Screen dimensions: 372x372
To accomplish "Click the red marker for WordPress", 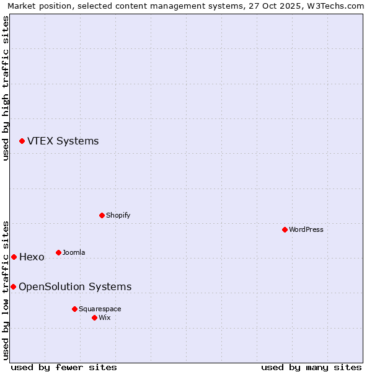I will point(285,229).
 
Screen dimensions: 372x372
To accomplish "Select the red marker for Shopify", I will point(102,215).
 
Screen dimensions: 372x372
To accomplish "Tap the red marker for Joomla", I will point(58,252).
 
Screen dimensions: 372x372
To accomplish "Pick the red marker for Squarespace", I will point(74,309).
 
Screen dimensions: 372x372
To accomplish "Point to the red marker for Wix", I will point(94,317).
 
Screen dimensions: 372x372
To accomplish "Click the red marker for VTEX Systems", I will point(22,141).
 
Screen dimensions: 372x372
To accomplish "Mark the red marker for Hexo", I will point(14,257).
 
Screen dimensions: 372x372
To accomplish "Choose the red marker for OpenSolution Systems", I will point(13,286).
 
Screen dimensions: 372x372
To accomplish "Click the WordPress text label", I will point(306,229).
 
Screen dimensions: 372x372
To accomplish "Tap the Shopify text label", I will point(118,215).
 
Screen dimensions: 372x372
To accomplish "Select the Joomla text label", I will point(74,252).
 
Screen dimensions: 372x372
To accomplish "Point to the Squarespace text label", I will point(100,309).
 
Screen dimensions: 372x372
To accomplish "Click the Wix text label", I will point(105,317).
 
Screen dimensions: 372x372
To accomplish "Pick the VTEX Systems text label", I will point(63,141).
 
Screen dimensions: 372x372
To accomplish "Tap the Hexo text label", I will point(32,257).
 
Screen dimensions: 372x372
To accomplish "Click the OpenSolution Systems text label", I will point(75,286).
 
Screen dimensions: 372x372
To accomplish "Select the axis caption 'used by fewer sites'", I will point(64,367).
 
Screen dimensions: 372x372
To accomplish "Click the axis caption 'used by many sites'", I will point(311,367).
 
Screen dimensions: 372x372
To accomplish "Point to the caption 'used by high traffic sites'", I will point(6,89).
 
